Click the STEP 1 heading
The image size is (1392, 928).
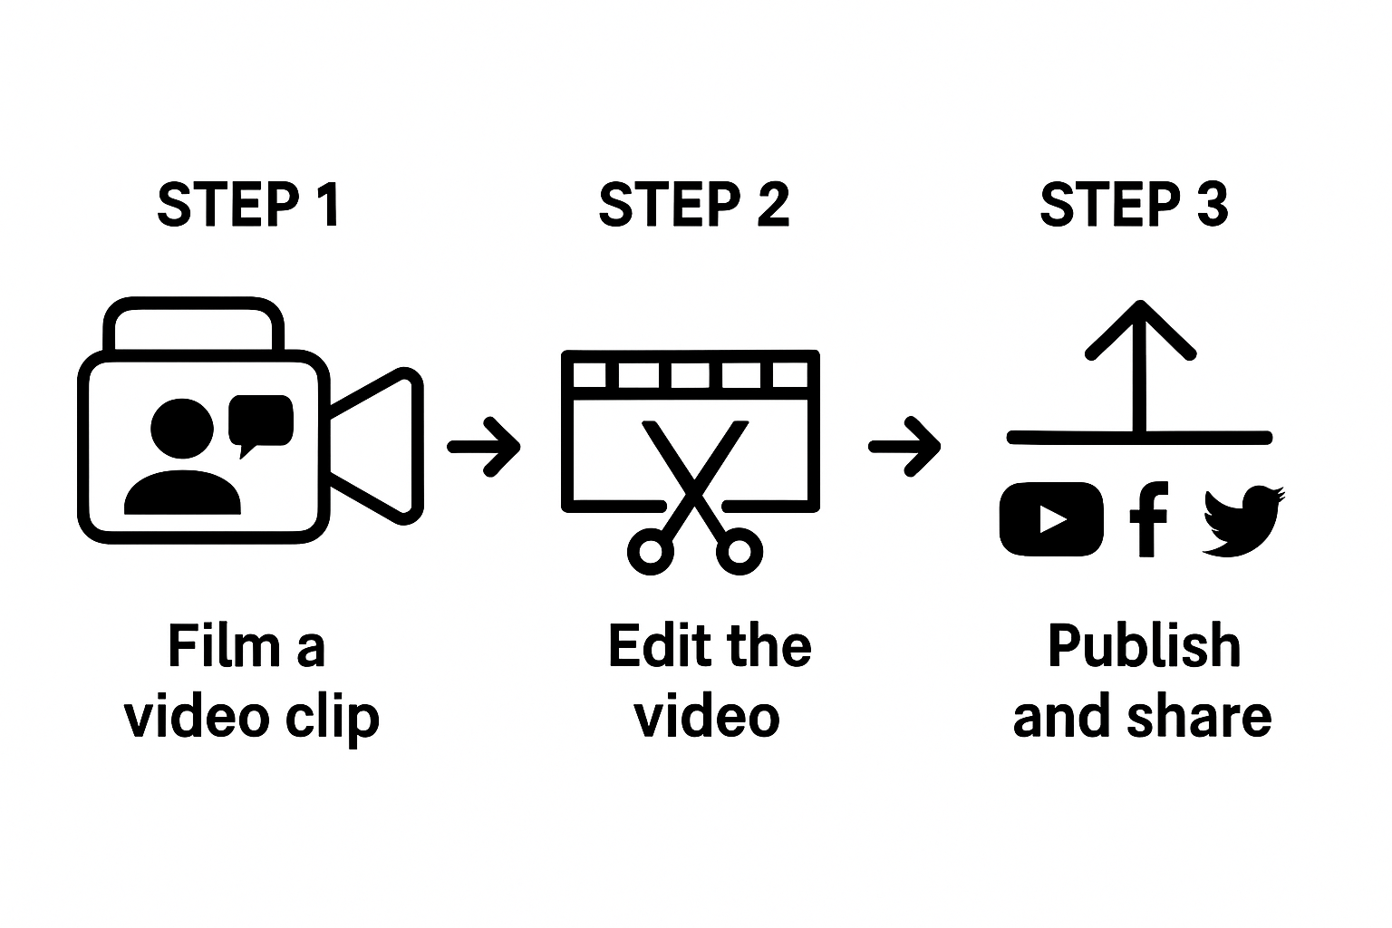(248, 205)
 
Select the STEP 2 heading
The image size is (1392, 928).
(694, 205)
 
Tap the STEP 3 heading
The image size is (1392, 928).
(1134, 205)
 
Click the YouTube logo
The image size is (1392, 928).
(1051, 519)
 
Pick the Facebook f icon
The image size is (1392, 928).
(1148, 518)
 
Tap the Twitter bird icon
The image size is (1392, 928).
(1242, 520)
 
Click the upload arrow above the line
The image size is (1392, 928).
(1141, 362)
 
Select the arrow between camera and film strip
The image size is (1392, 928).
(485, 446)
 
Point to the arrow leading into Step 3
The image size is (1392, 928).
(905, 446)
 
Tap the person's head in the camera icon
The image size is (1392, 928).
(182, 430)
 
